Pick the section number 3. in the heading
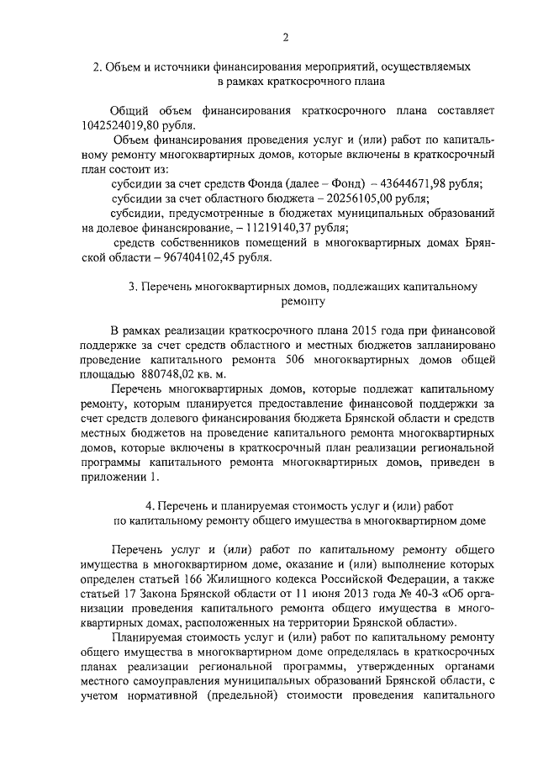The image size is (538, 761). click(133, 287)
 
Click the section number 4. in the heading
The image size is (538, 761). click(150, 505)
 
